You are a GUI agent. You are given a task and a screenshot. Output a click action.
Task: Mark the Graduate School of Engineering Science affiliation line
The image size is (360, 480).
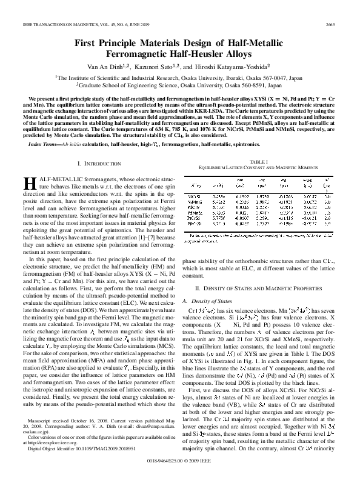[179, 86]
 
